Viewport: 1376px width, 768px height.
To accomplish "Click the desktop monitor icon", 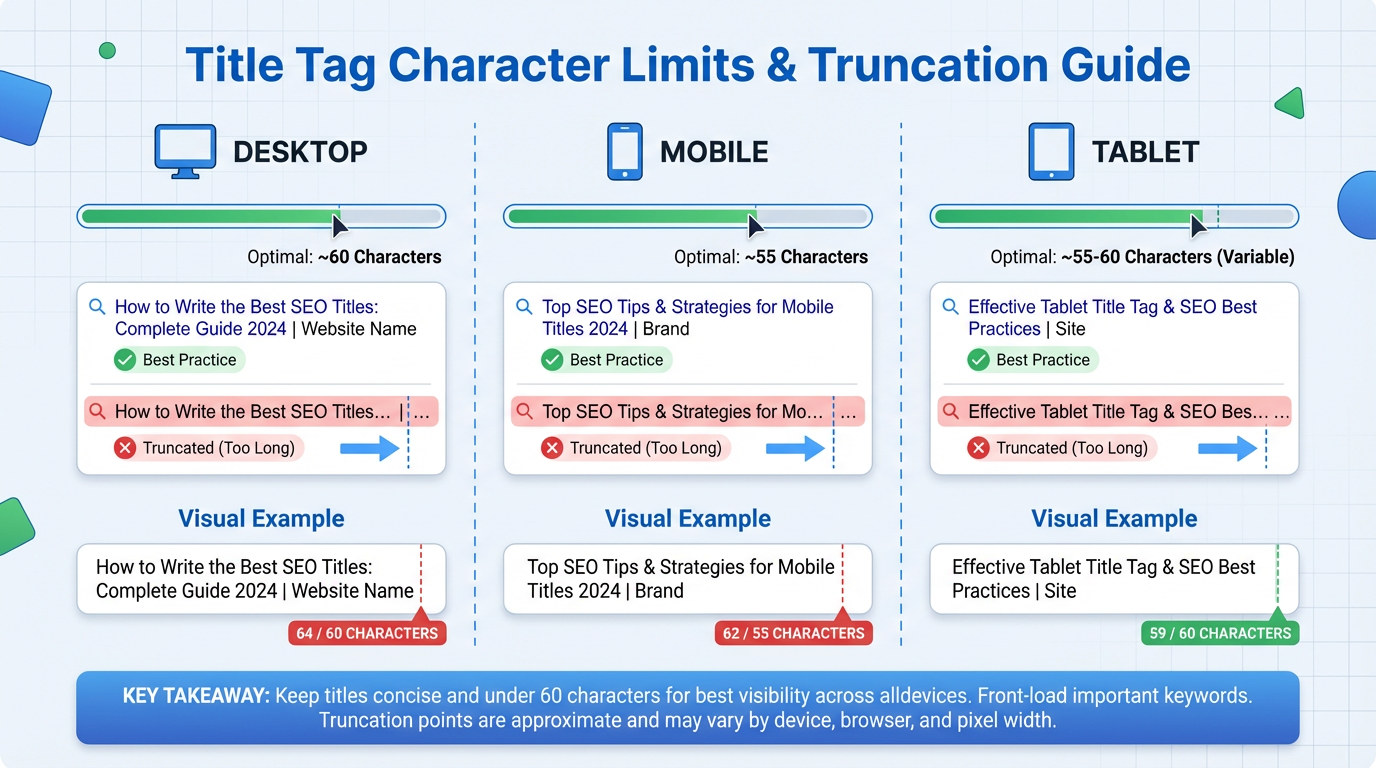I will pos(185,151).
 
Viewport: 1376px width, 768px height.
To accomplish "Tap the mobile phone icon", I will pos(625,151).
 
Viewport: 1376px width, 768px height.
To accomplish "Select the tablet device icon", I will pos(1051,151).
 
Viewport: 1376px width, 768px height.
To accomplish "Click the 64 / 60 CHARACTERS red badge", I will pos(367,633).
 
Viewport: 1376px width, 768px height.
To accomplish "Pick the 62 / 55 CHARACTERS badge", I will pos(794,633).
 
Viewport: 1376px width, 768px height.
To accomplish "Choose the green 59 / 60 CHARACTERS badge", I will pos(1220,633).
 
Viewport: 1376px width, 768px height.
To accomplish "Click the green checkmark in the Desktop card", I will pos(125,360).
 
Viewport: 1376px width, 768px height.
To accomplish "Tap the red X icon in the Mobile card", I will pos(552,448).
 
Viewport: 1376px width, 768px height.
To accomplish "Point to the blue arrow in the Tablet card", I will pos(1226,448).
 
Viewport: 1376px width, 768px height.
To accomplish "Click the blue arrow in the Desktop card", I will pos(369,448).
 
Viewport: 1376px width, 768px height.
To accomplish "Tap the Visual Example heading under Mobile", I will pos(688,519).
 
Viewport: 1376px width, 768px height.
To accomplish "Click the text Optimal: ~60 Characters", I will pos(344,257).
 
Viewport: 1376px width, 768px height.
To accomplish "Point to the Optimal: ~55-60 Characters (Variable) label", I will pos(1142,257).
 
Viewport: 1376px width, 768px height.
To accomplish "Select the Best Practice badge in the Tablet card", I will pos(1033,360).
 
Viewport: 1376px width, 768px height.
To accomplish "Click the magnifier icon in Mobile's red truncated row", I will pos(523,411).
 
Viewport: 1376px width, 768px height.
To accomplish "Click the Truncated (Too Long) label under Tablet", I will pos(1072,448).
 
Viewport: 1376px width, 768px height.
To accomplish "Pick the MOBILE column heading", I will pos(714,152).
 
